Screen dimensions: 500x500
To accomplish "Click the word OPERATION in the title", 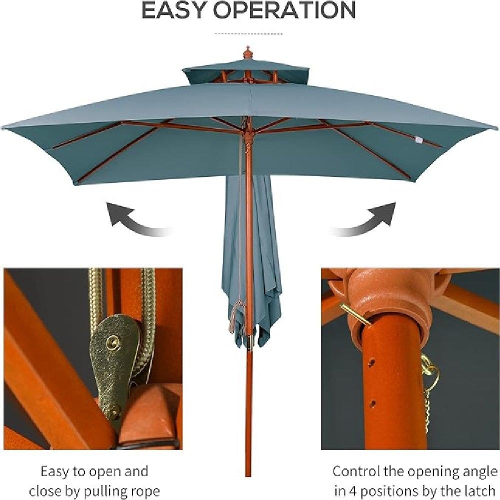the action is pyautogui.click(x=284, y=10).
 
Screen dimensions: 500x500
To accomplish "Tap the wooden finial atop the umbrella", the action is pyautogui.click(x=246, y=53).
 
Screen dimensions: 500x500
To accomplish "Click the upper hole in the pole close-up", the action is pyautogui.click(x=371, y=362).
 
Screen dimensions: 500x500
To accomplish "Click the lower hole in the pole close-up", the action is pyautogui.click(x=372, y=404).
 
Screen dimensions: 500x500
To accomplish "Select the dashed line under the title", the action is pyautogui.click(x=248, y=33).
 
